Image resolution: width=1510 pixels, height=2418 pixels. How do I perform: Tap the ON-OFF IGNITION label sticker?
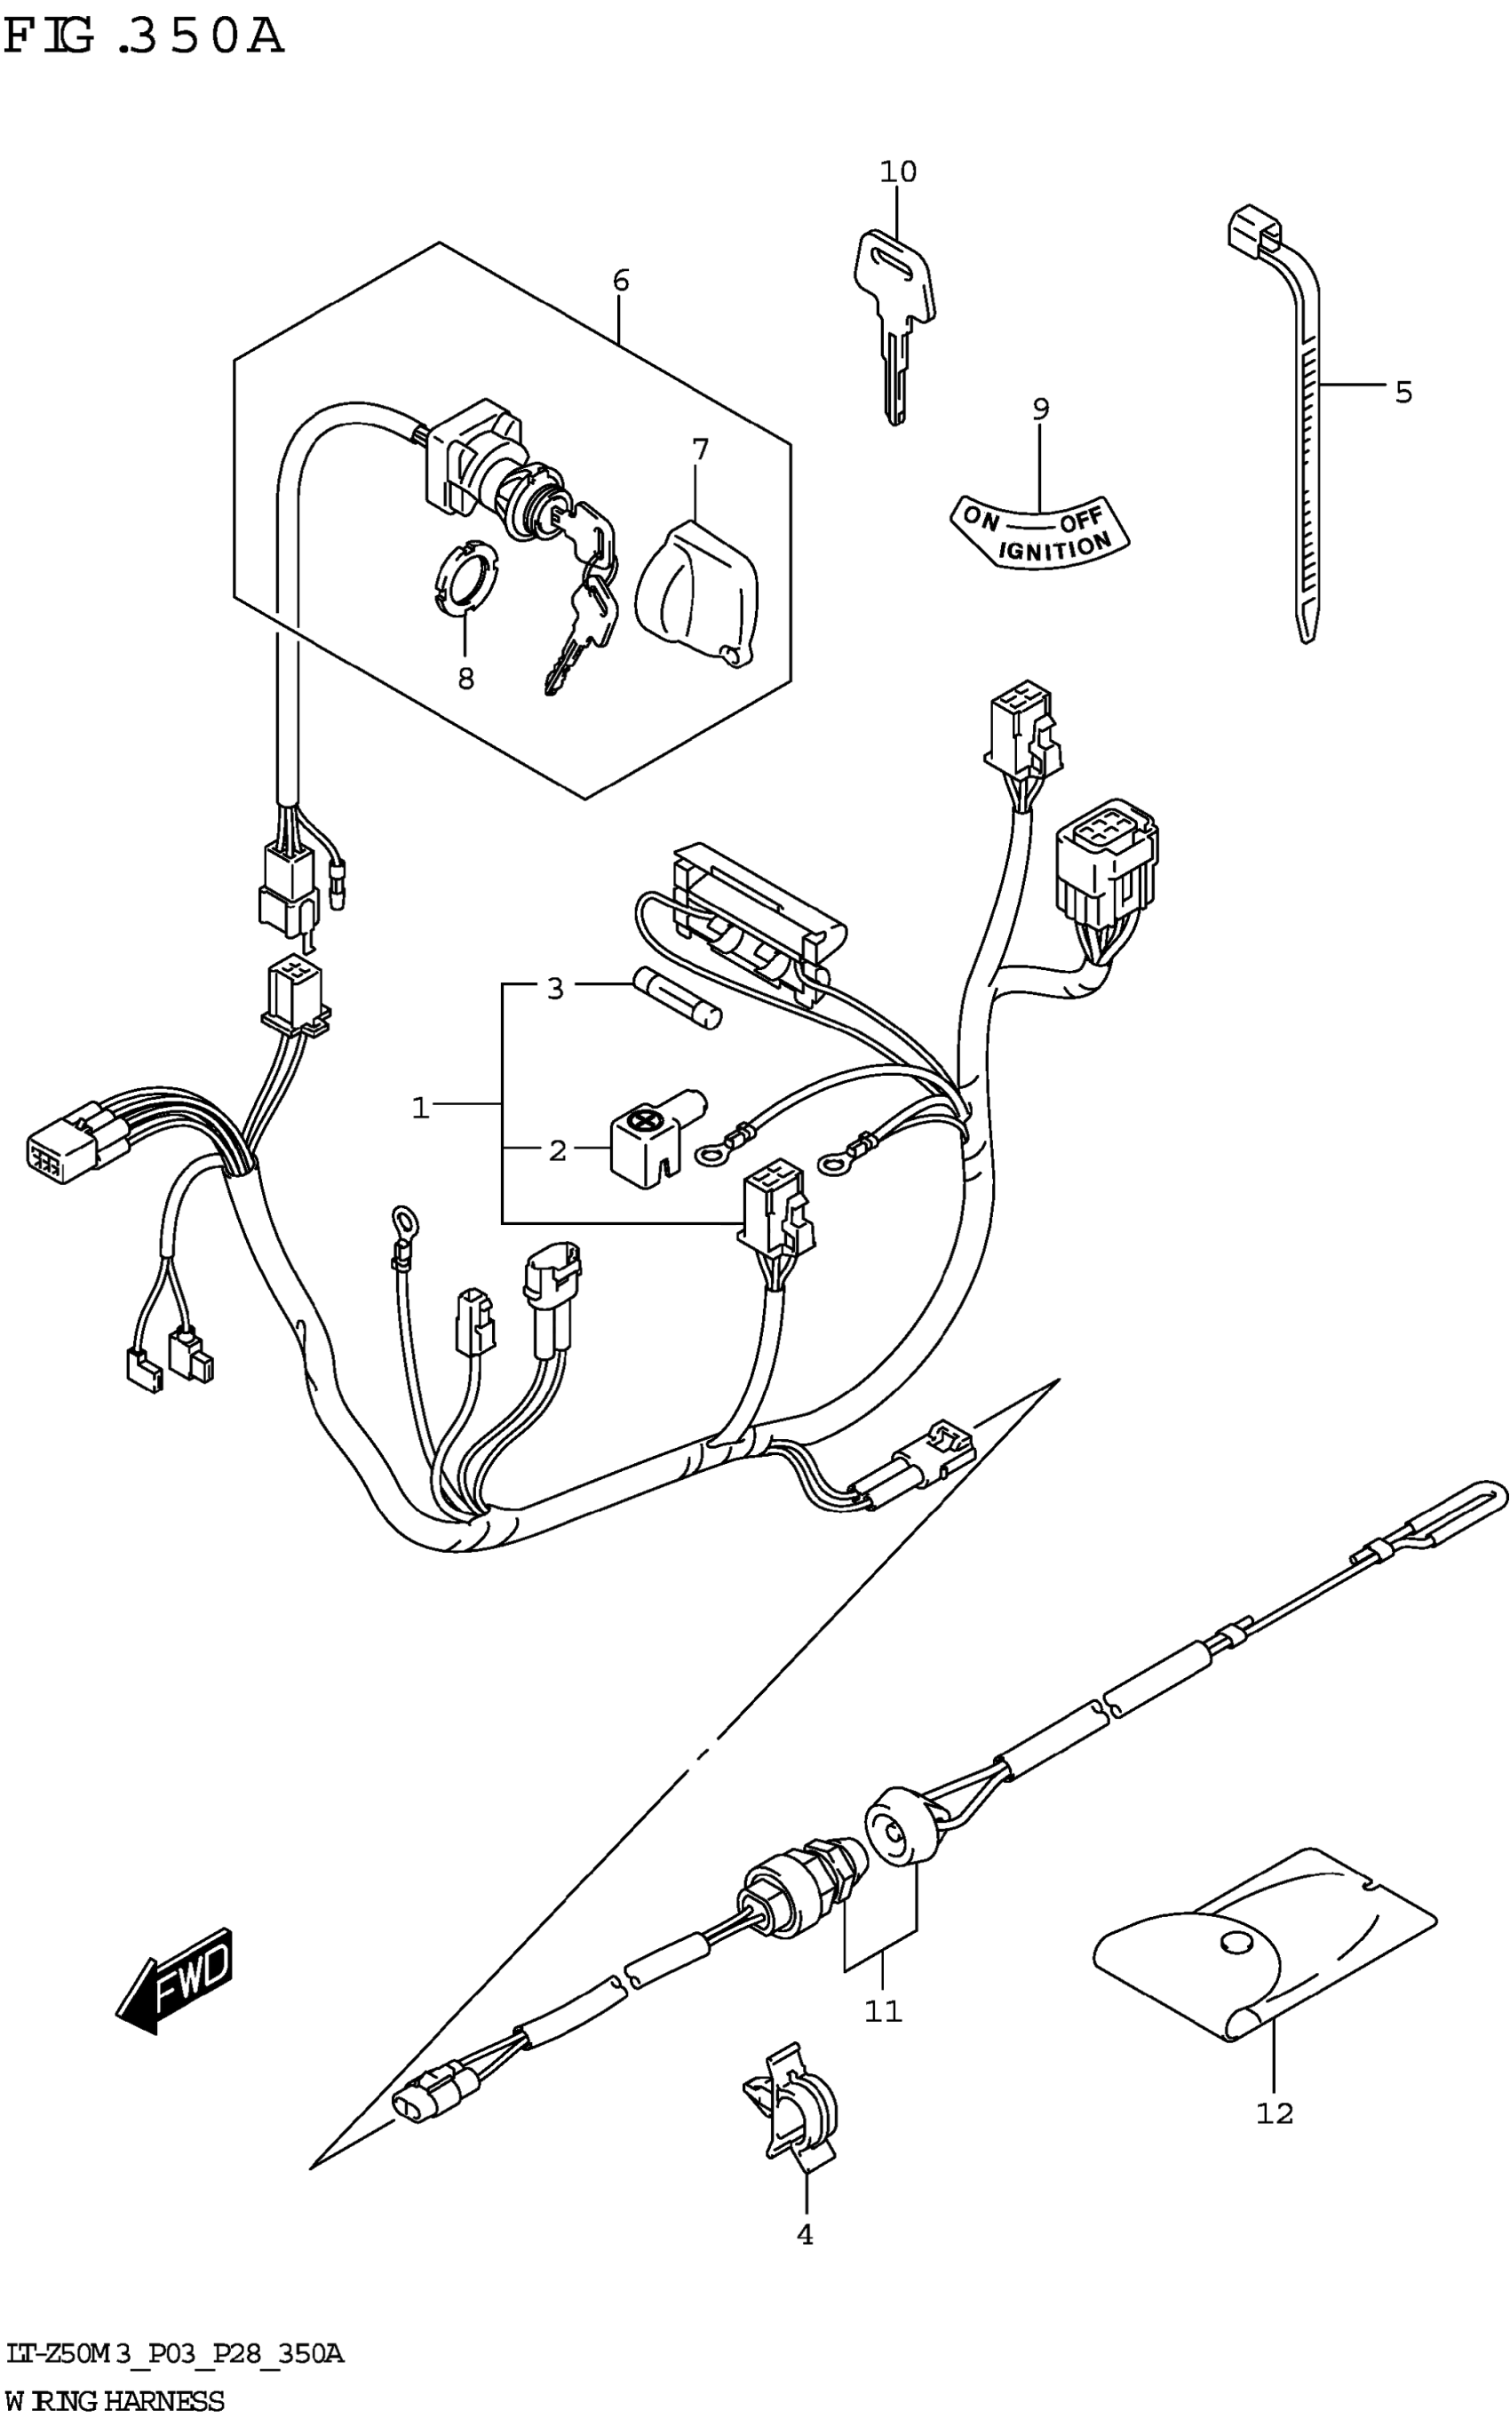pos(1038,532)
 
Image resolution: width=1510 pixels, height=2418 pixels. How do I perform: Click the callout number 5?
pos(1403,393)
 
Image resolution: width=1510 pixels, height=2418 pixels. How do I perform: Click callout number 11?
pos(883,2010)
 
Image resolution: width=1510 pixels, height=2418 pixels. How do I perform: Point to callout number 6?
pos(620,281)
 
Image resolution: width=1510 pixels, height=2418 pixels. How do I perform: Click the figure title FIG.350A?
pos(144,38)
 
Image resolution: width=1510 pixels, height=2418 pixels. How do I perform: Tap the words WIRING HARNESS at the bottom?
pos(114,2399)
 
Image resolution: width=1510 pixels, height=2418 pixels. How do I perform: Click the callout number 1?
pos(420,1108)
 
